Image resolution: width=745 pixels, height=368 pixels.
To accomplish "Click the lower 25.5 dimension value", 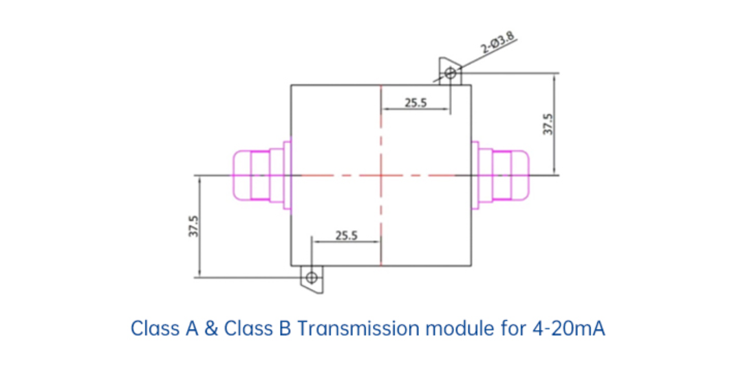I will coord(346,235).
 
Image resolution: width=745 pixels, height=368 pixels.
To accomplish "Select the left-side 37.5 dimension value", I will coord(194,226).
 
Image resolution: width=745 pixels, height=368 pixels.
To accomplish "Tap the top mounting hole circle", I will coord(450,73).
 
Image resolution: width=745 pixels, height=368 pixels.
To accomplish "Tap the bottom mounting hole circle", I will coord(312,277).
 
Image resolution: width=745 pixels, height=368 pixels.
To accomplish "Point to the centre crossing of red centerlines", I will coord(380,174).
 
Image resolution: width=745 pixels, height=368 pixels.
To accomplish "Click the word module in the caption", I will coord(457,328).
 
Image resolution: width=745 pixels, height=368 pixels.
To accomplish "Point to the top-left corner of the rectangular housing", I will coord(292,85).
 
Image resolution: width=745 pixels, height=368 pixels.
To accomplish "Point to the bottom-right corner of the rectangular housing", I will coord(471,265).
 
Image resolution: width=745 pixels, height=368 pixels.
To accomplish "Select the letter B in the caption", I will coord(285,328).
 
